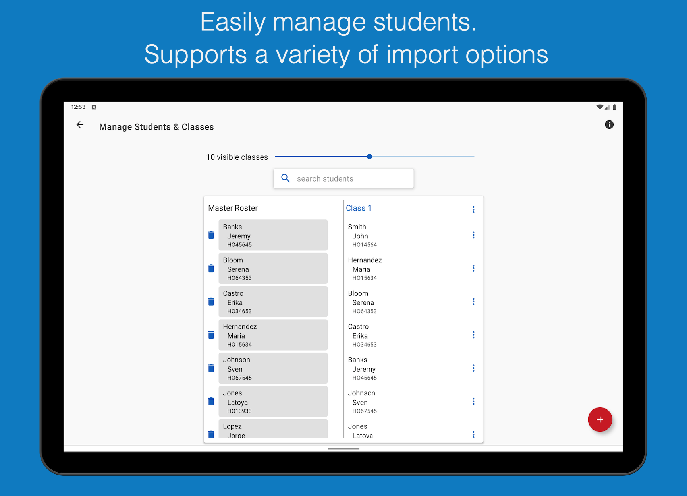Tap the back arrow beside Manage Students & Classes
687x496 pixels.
(x=80, y=125)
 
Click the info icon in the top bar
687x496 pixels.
(x=609, y=125)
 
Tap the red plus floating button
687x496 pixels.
(x=600, y=419)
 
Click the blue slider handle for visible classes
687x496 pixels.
(x=369, y=157)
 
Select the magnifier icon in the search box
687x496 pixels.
(x=286, y=178)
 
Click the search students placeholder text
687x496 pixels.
(x=325, y=179)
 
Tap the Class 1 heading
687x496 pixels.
(x=359, y=208)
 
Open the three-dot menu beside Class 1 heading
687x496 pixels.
(x=473, y=209)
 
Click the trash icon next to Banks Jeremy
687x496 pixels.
(x=211, y=235)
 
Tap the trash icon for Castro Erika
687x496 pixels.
(x=211, y=302)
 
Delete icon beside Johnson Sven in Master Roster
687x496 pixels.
(x=211, y=368)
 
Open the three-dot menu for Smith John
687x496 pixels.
(x=473, y=235)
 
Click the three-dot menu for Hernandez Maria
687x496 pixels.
(x=473, y=268)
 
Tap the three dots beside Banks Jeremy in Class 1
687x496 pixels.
(x=473, y=368)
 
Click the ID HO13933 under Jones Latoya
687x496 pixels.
(x=239, y=411)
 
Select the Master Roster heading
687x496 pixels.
(x=233, y=208)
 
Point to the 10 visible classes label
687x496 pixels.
(x=237, y=157)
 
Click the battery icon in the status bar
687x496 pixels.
(x=614, y=107)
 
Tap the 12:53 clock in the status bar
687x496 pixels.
(x=78, y=107)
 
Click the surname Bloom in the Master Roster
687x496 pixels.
(x=233, y=260)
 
